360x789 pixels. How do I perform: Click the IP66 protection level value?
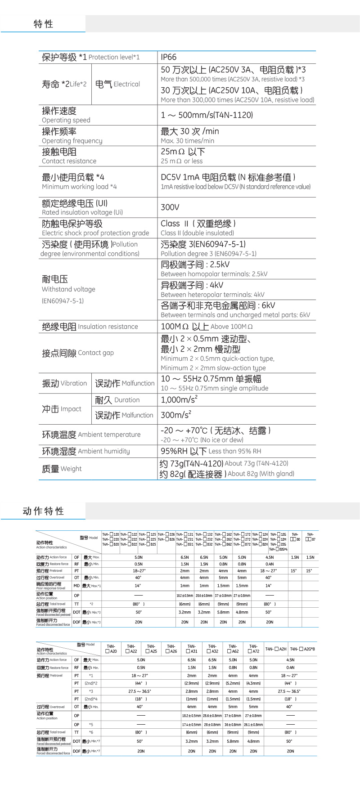(169, 57)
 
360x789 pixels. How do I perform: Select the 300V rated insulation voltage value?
(170, 207)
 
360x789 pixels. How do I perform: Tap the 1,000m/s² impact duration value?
(179, 399)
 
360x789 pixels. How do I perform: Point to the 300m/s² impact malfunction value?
(176, 415)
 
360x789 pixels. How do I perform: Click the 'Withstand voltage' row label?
(68, 289)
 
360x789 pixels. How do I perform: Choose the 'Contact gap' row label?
(78, 353)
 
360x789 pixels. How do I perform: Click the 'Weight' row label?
(62, 469)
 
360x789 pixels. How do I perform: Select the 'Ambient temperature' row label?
(91, 435)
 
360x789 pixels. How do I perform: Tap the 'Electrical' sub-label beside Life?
(117, 84)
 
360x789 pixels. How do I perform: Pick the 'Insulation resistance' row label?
(90, 327)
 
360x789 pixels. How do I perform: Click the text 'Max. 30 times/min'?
(187, 141)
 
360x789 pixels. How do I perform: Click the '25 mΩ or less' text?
(182, 161)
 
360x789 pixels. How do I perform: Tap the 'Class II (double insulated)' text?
(197, 233)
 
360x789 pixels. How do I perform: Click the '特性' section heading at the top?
(43, 24)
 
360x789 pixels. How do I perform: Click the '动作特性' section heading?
(43, 511)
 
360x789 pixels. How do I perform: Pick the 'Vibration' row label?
(64, 383)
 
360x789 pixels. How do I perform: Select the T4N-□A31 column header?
(192, 649)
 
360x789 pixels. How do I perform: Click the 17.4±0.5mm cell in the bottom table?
(191, 725)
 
